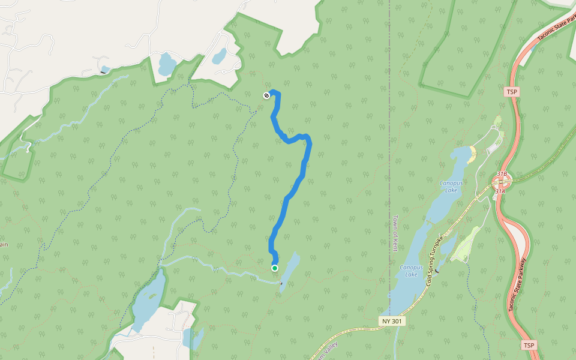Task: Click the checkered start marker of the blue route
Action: pyautogui.click(x=266, y=95)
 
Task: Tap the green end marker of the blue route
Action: pyautogui.click(x=275, y=268)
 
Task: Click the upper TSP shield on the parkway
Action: pyautogui.click(x=511, y=92)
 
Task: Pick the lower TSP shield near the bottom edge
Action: pyautogui.click(x=528, y=346)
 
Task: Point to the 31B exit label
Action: pyautogui.click(x=502, y=174)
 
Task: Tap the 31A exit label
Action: pyautogui.click(x=500, y=191)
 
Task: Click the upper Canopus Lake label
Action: pyautogui.click(x=451, y=186)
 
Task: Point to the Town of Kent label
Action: pyautogui.click(x=395, y=233)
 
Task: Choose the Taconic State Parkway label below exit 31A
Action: pyautogui.click(x=517, y=285)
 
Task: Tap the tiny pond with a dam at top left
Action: pyautogui.click(x=104, y=69)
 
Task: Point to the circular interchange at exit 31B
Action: pyautogui.click(x=502, y=181)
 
